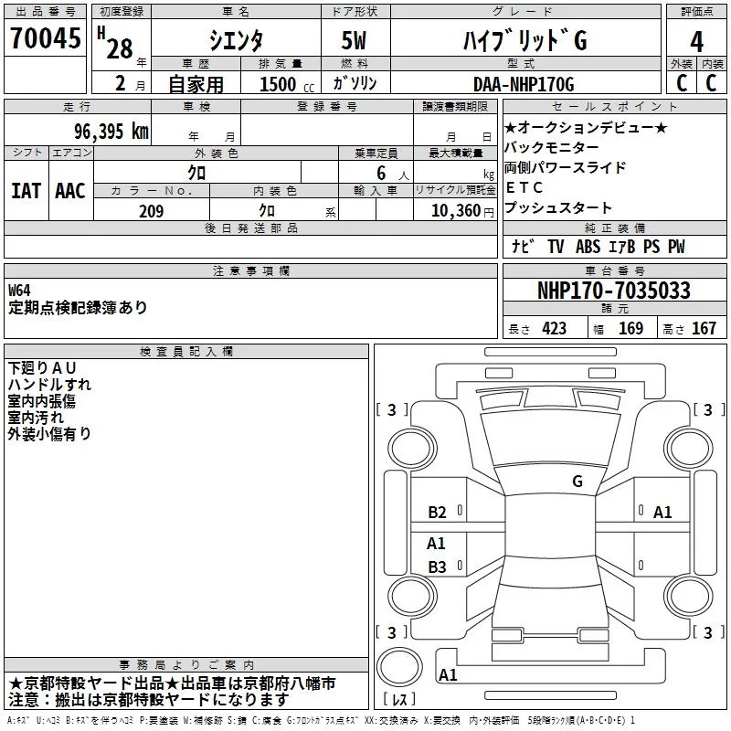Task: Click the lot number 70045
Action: coord(42,38)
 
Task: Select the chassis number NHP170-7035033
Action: coord(613,291)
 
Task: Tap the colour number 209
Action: coord(152,211)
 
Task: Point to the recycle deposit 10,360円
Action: coord(453,211)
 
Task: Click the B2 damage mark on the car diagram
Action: coord(437,513)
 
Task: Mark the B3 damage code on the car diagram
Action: coord(437,567)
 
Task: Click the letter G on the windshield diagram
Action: coord(577,482)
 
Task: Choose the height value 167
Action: coord(704,328)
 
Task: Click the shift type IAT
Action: coord(26,190)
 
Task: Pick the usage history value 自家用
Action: coord(197,84)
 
